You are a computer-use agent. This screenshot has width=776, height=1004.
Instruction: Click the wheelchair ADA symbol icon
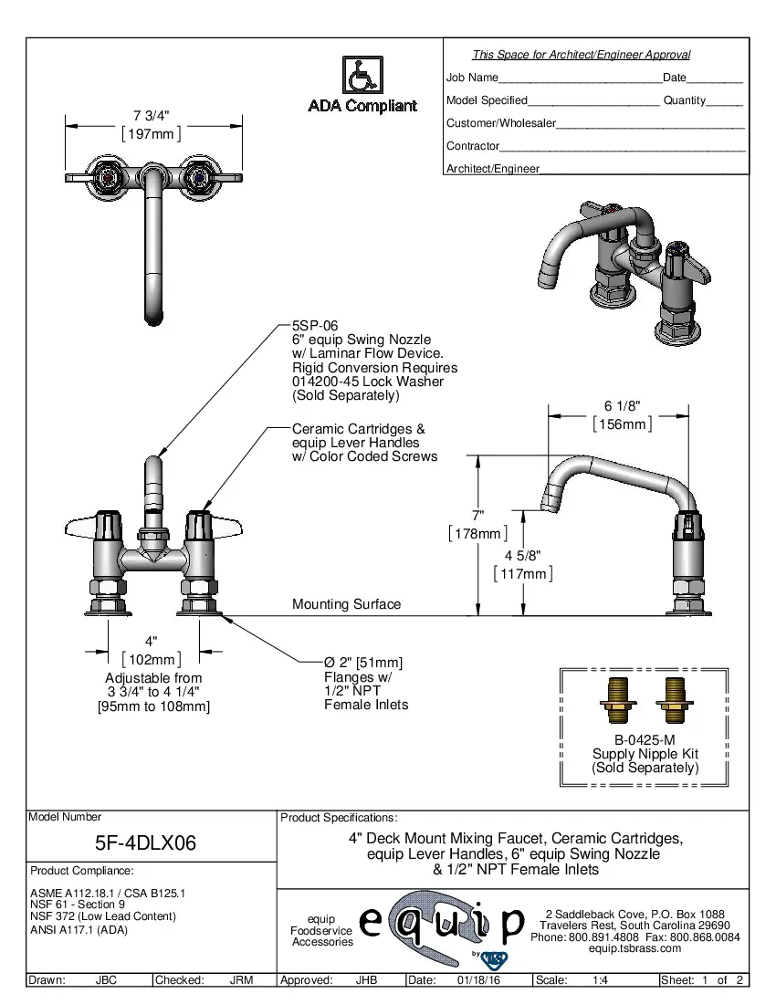(362, 75)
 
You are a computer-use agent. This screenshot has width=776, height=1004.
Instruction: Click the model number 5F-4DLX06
(146, 842)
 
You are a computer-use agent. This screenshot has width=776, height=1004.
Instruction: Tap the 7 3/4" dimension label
(152, 115)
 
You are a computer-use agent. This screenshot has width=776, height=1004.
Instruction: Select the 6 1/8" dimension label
(622, 406)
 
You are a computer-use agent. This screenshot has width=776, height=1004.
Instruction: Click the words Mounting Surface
(346, 604)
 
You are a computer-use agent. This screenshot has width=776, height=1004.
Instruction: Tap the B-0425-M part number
(645, 740)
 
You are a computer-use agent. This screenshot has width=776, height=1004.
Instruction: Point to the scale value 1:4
(602, 980)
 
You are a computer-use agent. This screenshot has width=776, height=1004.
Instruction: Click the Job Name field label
(472, 78)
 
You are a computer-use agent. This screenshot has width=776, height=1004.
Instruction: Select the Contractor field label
(472, 146)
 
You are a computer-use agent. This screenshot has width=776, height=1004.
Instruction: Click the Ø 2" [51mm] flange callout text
(363, 663)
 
